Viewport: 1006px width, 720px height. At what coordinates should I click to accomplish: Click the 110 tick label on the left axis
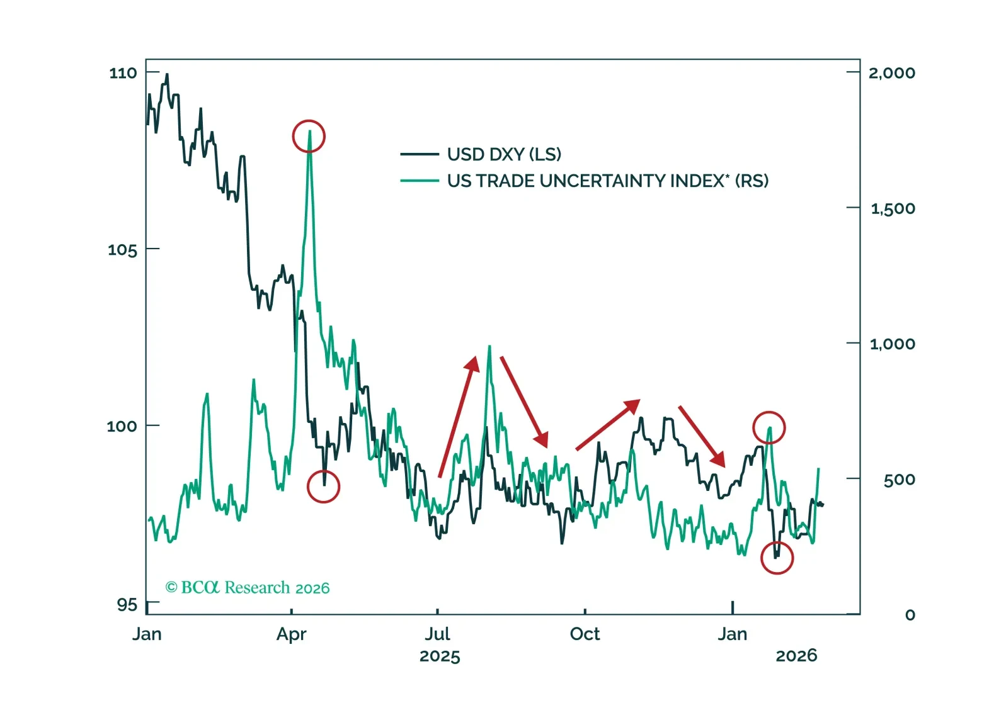123,73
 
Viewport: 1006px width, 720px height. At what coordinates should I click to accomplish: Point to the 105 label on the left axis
122,250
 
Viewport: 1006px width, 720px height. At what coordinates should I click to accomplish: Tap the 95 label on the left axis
127,605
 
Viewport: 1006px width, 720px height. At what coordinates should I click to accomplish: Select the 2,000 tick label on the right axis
891,73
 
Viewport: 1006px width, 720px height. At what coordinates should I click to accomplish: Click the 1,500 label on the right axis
893,208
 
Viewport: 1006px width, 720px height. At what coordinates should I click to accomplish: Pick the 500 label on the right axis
899,480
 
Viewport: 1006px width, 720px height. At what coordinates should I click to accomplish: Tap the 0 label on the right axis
910,615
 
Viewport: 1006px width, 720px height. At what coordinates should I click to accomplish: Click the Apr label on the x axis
291,634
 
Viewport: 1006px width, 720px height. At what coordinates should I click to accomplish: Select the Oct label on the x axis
585,634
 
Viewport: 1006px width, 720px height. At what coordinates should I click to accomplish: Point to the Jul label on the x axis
437,634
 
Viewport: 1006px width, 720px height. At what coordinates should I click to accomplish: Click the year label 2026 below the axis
796,656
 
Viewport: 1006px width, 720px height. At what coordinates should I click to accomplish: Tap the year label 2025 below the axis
440,656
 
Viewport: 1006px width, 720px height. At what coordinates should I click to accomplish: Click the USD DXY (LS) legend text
504,154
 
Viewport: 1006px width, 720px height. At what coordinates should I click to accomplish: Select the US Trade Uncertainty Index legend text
607,181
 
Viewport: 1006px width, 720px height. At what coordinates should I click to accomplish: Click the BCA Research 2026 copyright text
248,588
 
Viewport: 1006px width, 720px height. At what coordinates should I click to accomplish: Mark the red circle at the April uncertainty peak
309,136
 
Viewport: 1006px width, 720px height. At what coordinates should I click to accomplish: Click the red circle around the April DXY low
323,487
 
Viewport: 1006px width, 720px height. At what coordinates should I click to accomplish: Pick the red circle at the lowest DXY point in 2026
777,558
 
